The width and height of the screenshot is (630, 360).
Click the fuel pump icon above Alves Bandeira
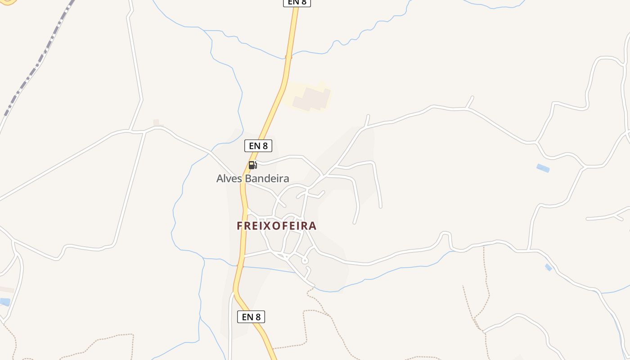click(252, 165)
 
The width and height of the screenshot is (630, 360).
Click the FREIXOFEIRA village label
click(277, 226)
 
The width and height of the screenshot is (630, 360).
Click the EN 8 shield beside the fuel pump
click(258, 146)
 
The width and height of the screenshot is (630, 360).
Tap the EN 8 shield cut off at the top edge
click(297, 2)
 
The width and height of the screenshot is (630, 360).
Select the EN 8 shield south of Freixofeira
click(251, 317)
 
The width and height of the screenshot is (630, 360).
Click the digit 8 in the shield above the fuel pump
click(265, 146)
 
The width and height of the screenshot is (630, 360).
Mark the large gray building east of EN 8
click(311, 99)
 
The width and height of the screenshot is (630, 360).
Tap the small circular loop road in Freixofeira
click(305, 260)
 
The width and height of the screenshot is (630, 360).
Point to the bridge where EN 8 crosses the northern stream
click(288, 57)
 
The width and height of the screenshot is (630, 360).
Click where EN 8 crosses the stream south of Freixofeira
click(240, 265)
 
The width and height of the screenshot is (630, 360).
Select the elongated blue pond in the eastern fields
click(543, 168)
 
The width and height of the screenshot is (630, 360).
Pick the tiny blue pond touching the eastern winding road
click(548, 267)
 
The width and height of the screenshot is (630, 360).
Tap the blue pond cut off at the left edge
click(4, 301)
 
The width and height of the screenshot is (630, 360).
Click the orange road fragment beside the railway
click(8, 2)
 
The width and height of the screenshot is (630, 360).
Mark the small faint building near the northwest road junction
click(156, 122)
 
